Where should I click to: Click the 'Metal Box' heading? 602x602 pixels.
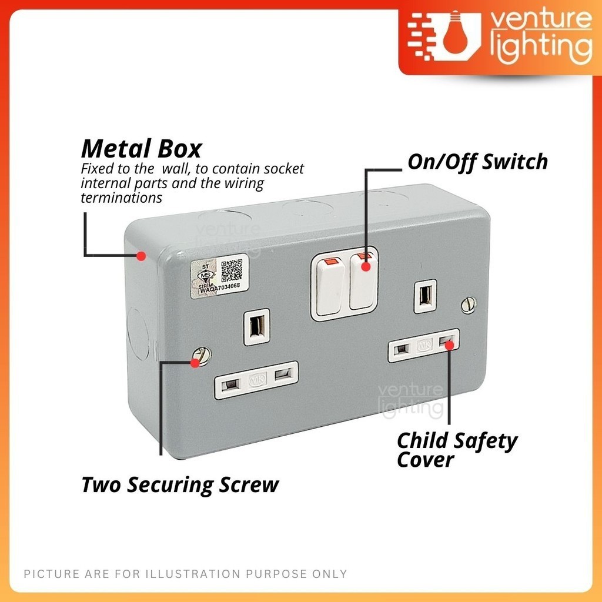141,148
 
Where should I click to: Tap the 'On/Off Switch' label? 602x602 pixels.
477,162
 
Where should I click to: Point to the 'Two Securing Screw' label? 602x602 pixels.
179,485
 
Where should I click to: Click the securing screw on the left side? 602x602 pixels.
203,356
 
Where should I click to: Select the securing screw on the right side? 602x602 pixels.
469,305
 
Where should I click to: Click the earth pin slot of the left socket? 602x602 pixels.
257,326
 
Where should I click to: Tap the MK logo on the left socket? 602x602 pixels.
257,379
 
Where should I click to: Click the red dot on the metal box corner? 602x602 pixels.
141,256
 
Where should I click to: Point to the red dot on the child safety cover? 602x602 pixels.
449,345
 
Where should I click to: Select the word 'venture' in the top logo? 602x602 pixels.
540,23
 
